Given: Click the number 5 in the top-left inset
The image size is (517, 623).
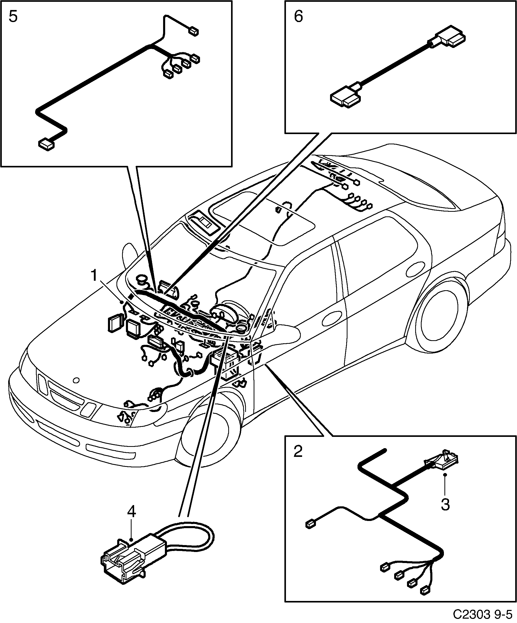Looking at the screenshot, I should pyautogui.click(x=13, y=17).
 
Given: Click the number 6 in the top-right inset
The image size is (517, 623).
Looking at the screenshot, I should pyautogui.click(x=298, y=17).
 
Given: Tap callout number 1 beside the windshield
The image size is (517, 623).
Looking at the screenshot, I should pyautogui.click(x=94, y=276).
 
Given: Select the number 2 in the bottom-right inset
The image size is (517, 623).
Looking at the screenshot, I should pyautogui.click(x=298, y=451).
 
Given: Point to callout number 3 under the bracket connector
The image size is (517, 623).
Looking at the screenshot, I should pyautogui.click(x=445, y=505).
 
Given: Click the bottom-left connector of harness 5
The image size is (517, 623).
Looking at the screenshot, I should pyautogui.click(x=47, y=145).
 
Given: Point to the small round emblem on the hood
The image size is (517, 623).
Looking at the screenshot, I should pyautogui.click(x=76, y=380).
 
